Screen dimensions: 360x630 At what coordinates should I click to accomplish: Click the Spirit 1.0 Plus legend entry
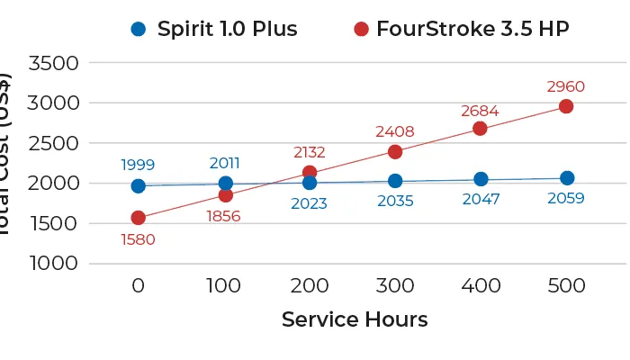pyautogui.click(x=213, y=29)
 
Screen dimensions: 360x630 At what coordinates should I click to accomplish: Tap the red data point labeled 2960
pyautogui.click(x=566, y=106)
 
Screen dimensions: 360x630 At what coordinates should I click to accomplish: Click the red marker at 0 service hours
pyautogui.click(x=138, y=218)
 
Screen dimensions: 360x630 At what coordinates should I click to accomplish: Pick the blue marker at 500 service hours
pyautogui.click(x=566, y=178)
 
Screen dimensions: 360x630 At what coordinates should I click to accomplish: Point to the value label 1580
pyautogui.click(x=138, y=239)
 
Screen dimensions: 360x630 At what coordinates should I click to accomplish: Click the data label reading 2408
pyautogui.click(x=394, y=131)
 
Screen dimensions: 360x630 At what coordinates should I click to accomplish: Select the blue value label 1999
pyautogui.click(x=138, y=165)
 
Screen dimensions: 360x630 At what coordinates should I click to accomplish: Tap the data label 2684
pyautogui.click(x=480, y=111)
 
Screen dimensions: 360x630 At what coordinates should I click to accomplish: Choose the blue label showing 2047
pyautogui.click(x=481, y=200)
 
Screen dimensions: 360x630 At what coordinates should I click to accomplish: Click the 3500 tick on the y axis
pyautogui.click(x=54, y=63)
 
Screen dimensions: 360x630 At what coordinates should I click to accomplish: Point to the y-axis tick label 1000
pyautogui.click(x=54, y=264)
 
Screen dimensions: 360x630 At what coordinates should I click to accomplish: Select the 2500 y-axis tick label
pyautogui.click(x=54, y=143)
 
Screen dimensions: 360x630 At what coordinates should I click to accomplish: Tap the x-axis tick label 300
pyautogui.click(x=394, y=286)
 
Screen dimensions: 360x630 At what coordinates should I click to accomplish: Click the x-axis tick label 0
pyautogui.click(x=138, y=286)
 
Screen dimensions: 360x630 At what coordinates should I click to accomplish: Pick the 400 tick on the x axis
pyautogui.click(x=480, y=286)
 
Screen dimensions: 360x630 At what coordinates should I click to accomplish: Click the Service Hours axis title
pyautogui.click(x=354, y=319)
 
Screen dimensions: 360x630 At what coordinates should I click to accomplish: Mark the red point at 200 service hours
pyautogui.click(x=310, y=172)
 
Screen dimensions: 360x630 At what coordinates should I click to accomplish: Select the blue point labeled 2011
pyautogui.click(x=225, y=184)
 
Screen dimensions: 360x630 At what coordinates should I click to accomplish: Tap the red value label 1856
pyautogui.click(x=223, y=216)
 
